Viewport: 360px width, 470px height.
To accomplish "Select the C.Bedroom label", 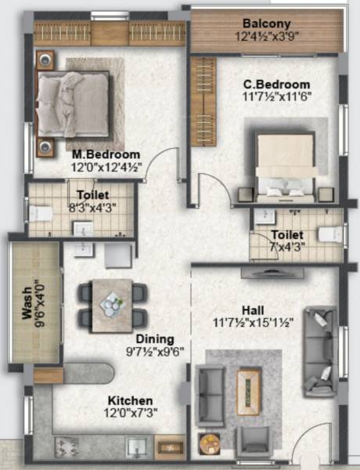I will pos(276,85).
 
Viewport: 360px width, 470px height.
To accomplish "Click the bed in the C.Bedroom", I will pos(286,164).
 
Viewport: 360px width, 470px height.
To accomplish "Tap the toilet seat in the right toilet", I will pos(329,233).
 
